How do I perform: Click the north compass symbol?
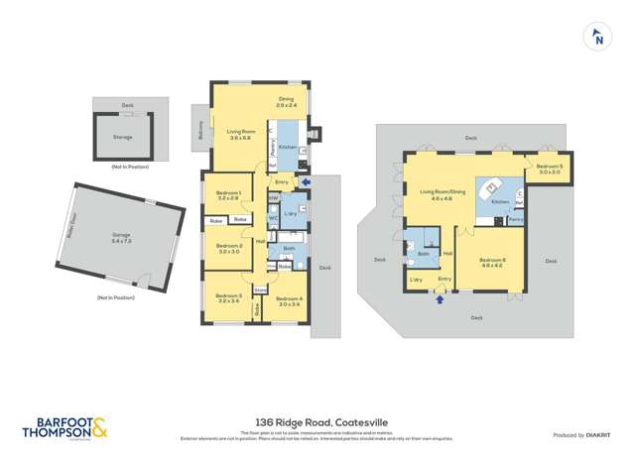click(x=597, y=38)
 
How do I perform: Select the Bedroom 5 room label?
click(x=551, y=169)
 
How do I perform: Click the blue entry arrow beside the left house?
click(x=305, y=181)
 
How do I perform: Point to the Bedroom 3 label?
click(x=229, y=297)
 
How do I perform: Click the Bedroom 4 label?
click(x=289, y=301)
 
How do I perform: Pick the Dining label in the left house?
click(x=286, y=101)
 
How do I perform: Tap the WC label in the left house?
click(x=273, y=217)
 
